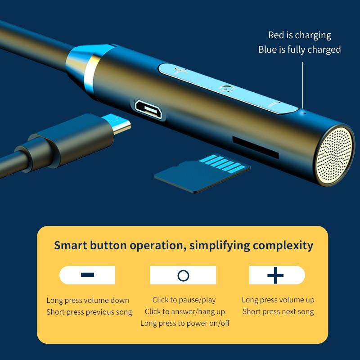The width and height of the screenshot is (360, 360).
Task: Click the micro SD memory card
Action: tap(202, 173)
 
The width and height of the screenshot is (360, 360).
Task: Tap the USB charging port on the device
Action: tap(148, 109)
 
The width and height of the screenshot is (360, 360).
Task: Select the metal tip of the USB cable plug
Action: tap(117, 123)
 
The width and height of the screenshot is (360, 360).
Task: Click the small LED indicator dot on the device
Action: tap(305, 112)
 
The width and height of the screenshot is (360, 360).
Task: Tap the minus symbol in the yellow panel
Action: tap(87, 274)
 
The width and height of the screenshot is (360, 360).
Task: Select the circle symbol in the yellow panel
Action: tap(183, 275)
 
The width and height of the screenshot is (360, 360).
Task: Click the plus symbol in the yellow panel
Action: tap(275, 275)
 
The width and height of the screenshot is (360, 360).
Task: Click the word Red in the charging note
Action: tap(276, 35)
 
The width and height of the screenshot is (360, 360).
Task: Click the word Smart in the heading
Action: tap(71, 245)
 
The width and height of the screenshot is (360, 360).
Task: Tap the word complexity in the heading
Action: tap(283, 246)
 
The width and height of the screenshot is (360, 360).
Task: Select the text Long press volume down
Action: tap(88, 300)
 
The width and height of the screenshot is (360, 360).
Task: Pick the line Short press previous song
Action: tap(89, 312)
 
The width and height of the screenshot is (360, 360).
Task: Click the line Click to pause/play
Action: tap(184, 300)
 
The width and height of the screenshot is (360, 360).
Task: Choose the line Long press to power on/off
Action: tap(185, 323)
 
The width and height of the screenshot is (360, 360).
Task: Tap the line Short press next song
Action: tap(278, 311)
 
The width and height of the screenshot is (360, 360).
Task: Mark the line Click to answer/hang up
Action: tap(184, 311)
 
